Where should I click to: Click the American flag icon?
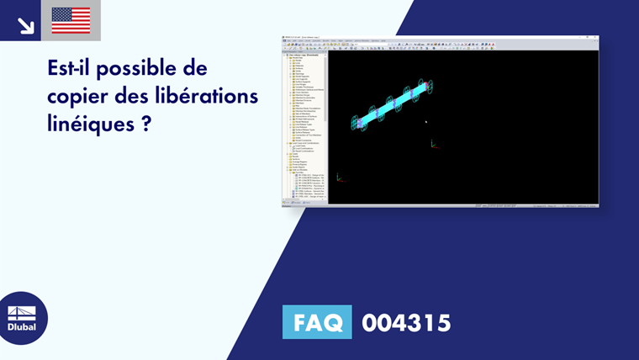(x=71, y=20)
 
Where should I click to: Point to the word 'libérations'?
(x=206, y=96)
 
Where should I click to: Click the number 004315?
(x=406, y=323)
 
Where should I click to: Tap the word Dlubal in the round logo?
(x=22, y=327)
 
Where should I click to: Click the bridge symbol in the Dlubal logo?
(x=22, y=312)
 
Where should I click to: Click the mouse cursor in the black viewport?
(x=425, y=122)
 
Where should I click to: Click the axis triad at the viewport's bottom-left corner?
(x=339, y=177)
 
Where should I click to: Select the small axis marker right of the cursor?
(x=434, y=144)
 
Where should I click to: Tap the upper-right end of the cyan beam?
(x=426, y=85)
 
